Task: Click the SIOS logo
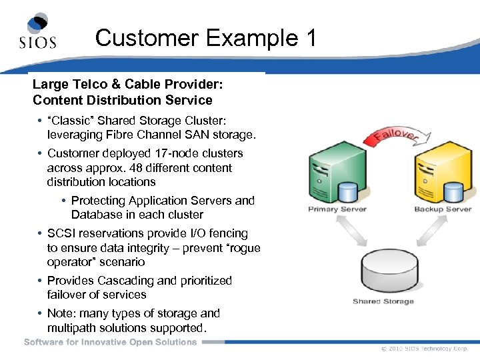click(37, 31)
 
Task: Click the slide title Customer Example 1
click(205, 37)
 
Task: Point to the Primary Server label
click(337, 209)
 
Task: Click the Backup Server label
click(443, 209)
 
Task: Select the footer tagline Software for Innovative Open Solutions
click(111, 342)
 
